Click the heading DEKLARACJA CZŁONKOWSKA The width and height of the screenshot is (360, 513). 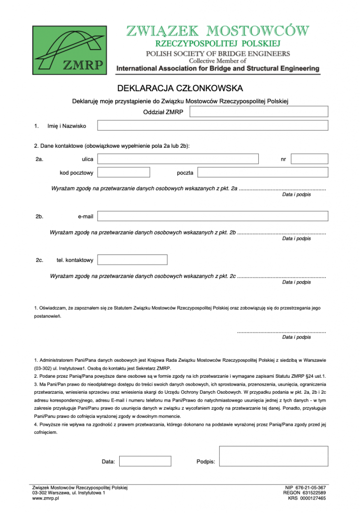pyautogui.click(x=180, y=89)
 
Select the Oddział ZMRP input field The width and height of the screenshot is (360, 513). pyautogui.click(x=258, y=112)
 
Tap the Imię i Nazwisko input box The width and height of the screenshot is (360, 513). pyautogui.click(x=212, y=126)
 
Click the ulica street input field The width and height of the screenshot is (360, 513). pyautogui.click(x=178, y=159)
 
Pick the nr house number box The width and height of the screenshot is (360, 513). pyautogui.click(x=309, y=159)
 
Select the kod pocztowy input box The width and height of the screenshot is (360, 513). pyautogui.click(x=124, y=172)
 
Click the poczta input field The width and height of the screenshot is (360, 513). pyautogui.click(x=262, y=172)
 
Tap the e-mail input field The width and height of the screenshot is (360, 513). pyautogui.click(x=212, y=216)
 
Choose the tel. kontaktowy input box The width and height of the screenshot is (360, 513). pyautogui.click(x=132, y=260)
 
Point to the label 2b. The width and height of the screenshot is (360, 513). pyautogui.click(x=40, y=216)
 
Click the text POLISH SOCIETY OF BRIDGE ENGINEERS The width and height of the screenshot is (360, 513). pyautogui.click(x=217, y=53)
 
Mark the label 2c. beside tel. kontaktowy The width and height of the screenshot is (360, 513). pyautogui.click(x=40, y=260)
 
